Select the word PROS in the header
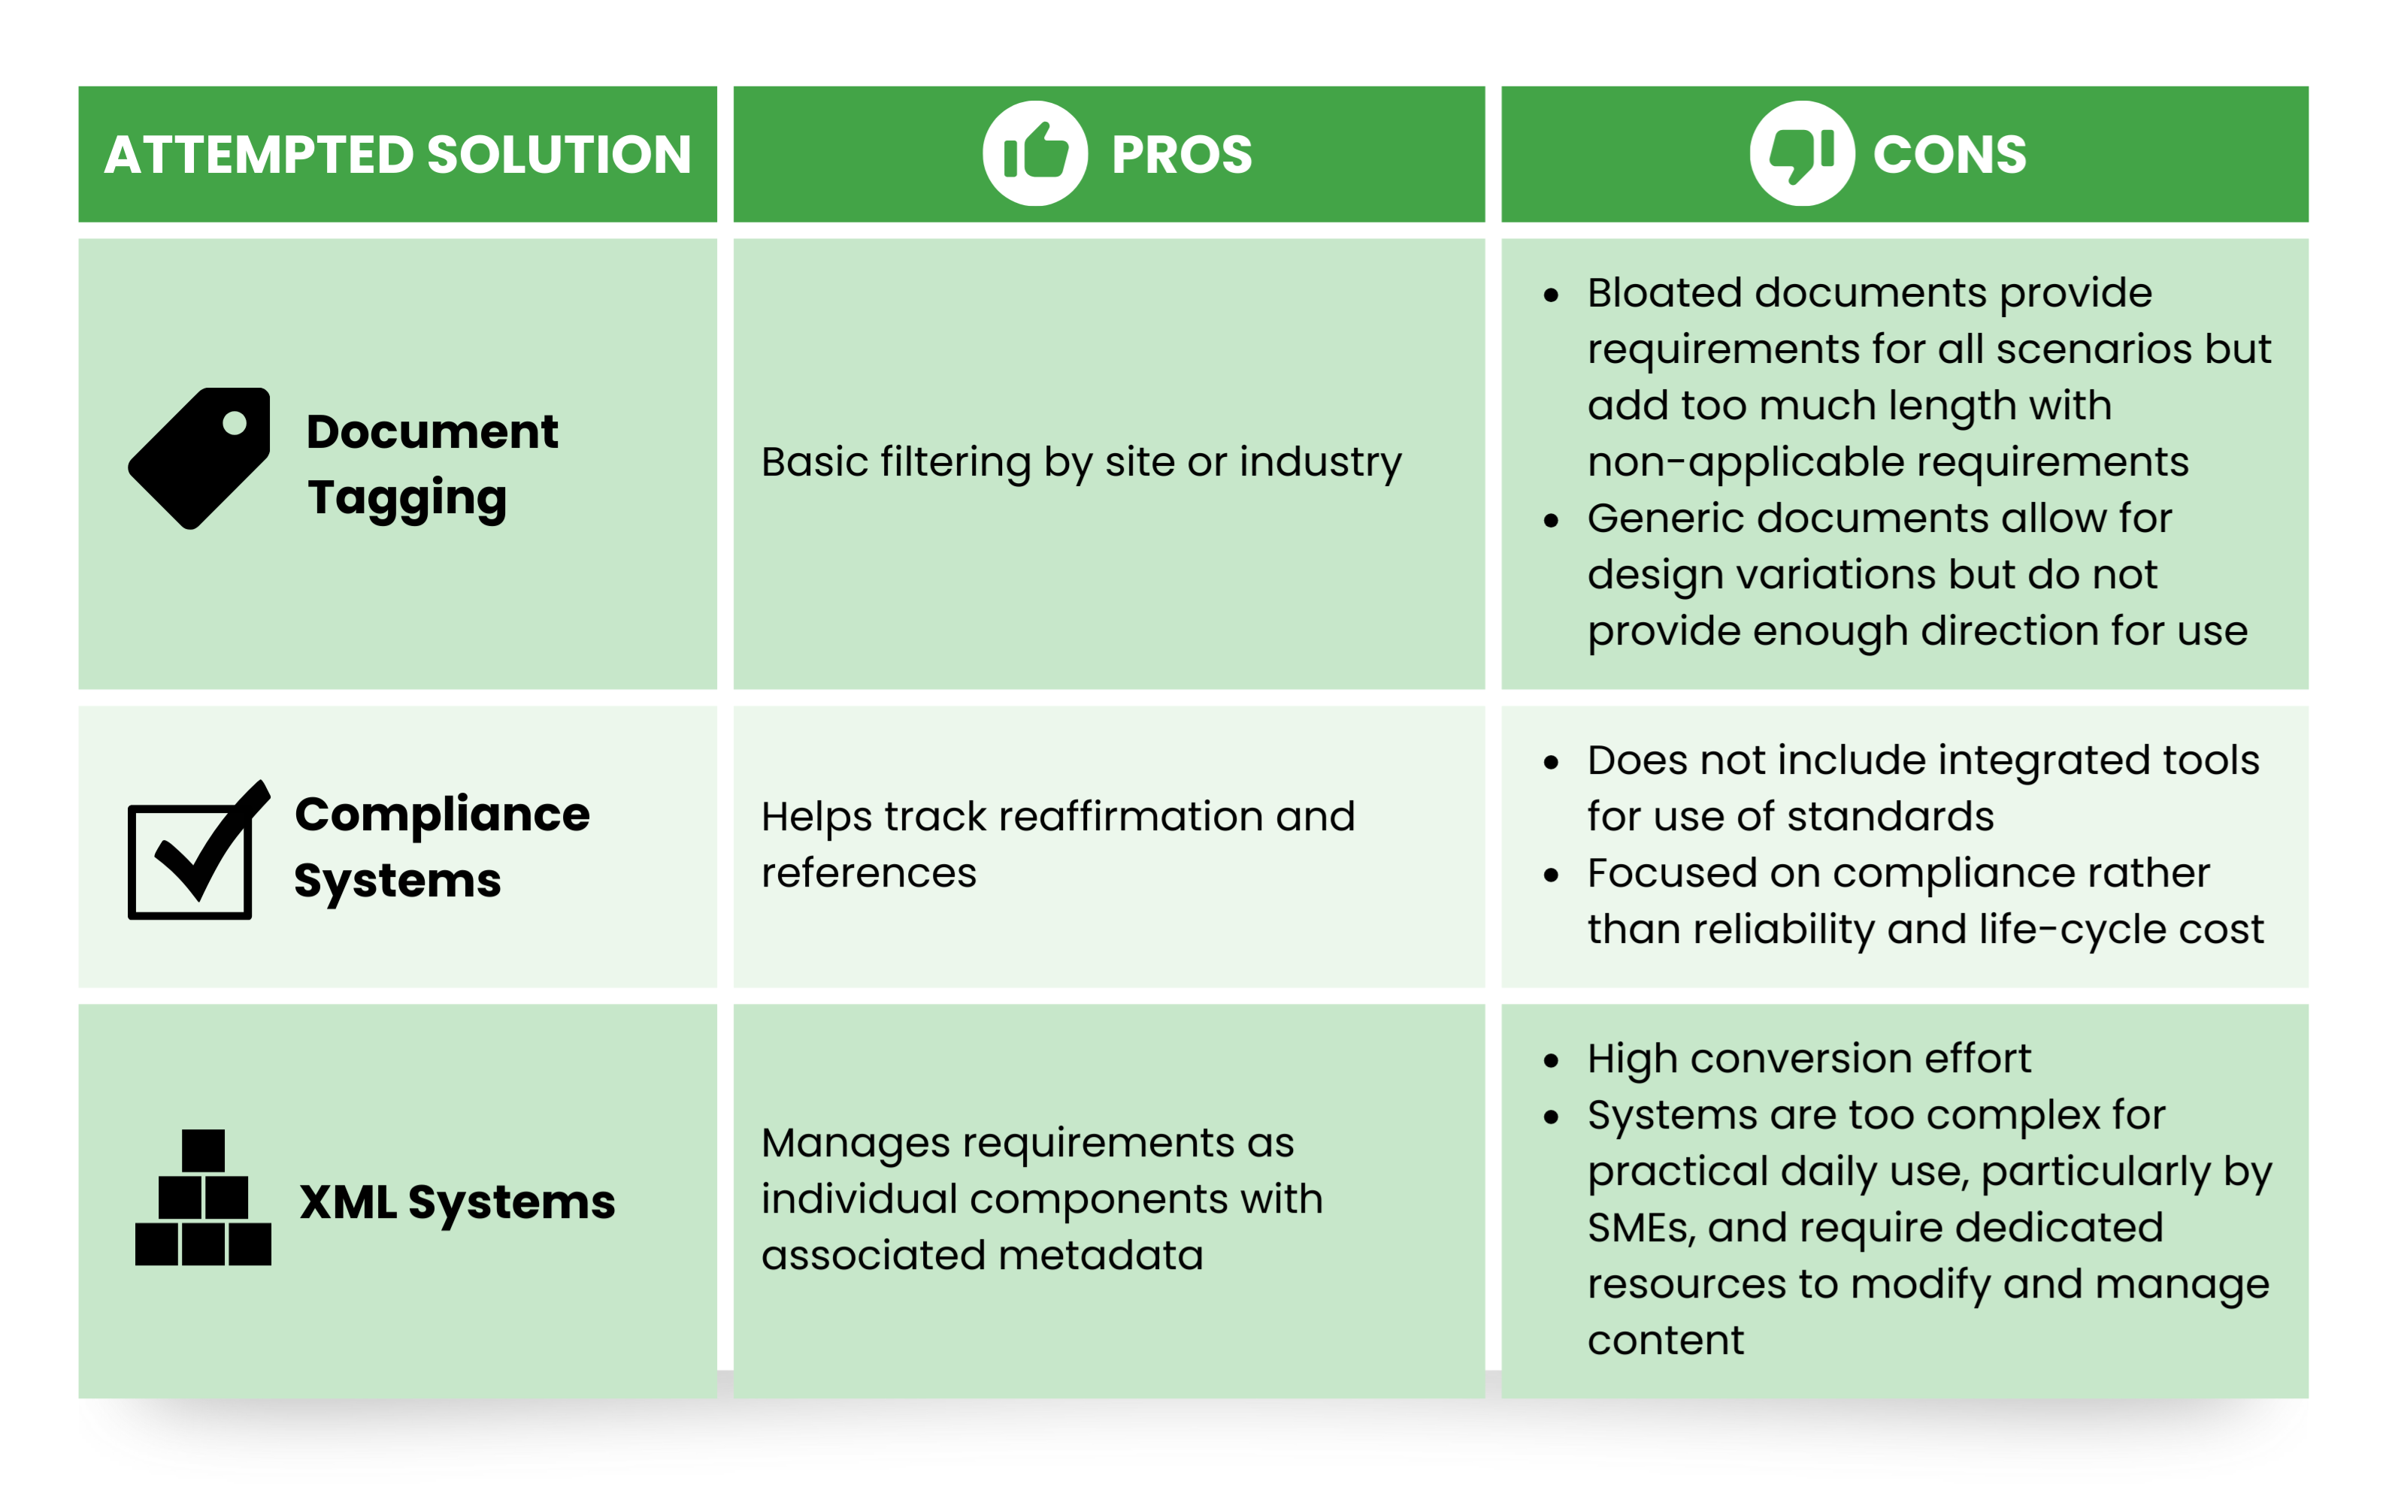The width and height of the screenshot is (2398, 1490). (1181, 155)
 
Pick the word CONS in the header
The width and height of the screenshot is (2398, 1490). (1948, 155)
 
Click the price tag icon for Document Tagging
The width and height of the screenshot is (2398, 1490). (201, 458)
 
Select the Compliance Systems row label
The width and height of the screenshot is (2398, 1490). (441, 847)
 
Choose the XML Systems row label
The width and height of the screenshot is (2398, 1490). (457, 1202)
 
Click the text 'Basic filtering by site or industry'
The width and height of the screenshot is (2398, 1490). (1080, 462)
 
